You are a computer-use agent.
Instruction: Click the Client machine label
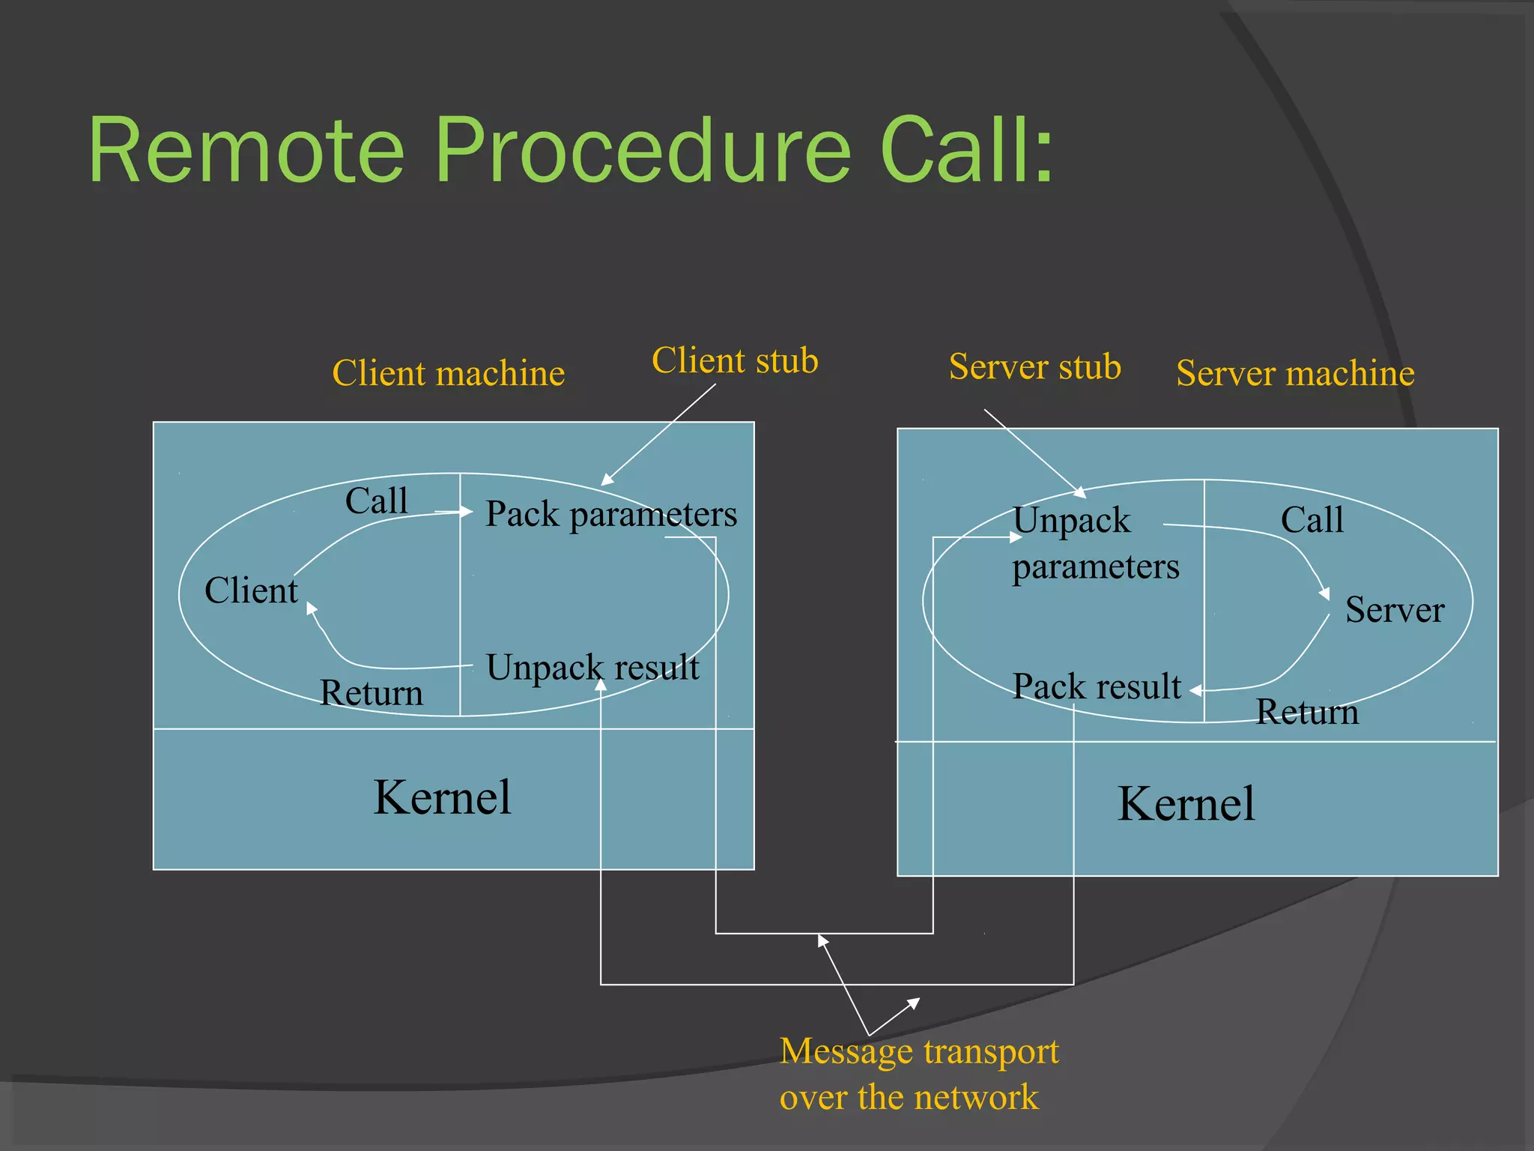tap(448, 373)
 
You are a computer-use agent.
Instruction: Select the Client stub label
tap(735, 360)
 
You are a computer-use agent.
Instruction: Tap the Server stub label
tap(1034, 367)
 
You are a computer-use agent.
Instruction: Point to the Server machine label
tap(1295, 373)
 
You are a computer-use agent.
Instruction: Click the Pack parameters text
tap(610, 515)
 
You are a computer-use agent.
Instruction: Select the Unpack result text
tap(592, 667)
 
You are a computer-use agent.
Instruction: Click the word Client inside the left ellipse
tap(251, 590)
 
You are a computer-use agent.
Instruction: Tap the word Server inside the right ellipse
tap(1394, 609)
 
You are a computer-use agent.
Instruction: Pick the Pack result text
tap(1096, 686)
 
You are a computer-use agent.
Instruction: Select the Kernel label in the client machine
tap(442, 797)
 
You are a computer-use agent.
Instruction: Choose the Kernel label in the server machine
tap(1186, 804)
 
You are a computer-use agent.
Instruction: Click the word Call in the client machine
tap(376, 501)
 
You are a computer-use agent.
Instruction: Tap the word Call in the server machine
tap(1312, 520)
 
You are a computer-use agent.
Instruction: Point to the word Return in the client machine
tap(371, 693)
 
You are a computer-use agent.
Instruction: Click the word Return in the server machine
tap(1306, 712)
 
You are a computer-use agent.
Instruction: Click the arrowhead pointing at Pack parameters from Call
tap(467, 512)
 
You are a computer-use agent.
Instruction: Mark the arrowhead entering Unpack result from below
tap(601, 683)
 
